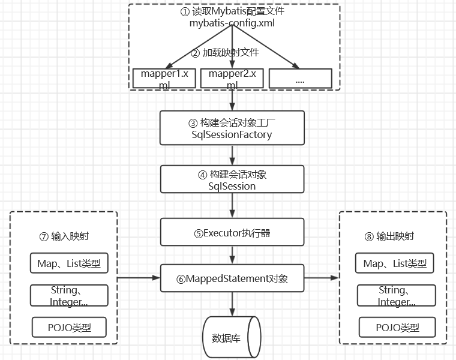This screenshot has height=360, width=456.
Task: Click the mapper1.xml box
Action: [164, 79]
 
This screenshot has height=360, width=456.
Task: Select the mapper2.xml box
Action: [232, 79]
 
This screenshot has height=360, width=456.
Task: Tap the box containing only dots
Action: [300, 79]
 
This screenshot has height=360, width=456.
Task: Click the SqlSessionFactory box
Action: [232, 128]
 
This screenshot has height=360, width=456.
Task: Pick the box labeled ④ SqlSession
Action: [232, 180]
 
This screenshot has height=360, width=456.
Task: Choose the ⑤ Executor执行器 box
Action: [232, 232]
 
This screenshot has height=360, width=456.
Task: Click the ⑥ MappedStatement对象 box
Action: [232, 278]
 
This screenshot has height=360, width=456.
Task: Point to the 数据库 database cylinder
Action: [232, 337]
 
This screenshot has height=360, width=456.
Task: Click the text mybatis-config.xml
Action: [231, 22]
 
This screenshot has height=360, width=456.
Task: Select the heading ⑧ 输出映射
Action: [391, 236]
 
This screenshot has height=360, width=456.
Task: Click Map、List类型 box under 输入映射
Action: [69, 263]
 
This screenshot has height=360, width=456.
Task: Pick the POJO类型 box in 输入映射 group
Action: [69, 327]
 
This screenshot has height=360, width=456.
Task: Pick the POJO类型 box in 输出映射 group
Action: [397, 328]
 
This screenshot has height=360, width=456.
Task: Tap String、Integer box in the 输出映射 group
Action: [396, 296]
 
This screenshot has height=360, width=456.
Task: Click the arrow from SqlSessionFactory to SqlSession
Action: [232, 155]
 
